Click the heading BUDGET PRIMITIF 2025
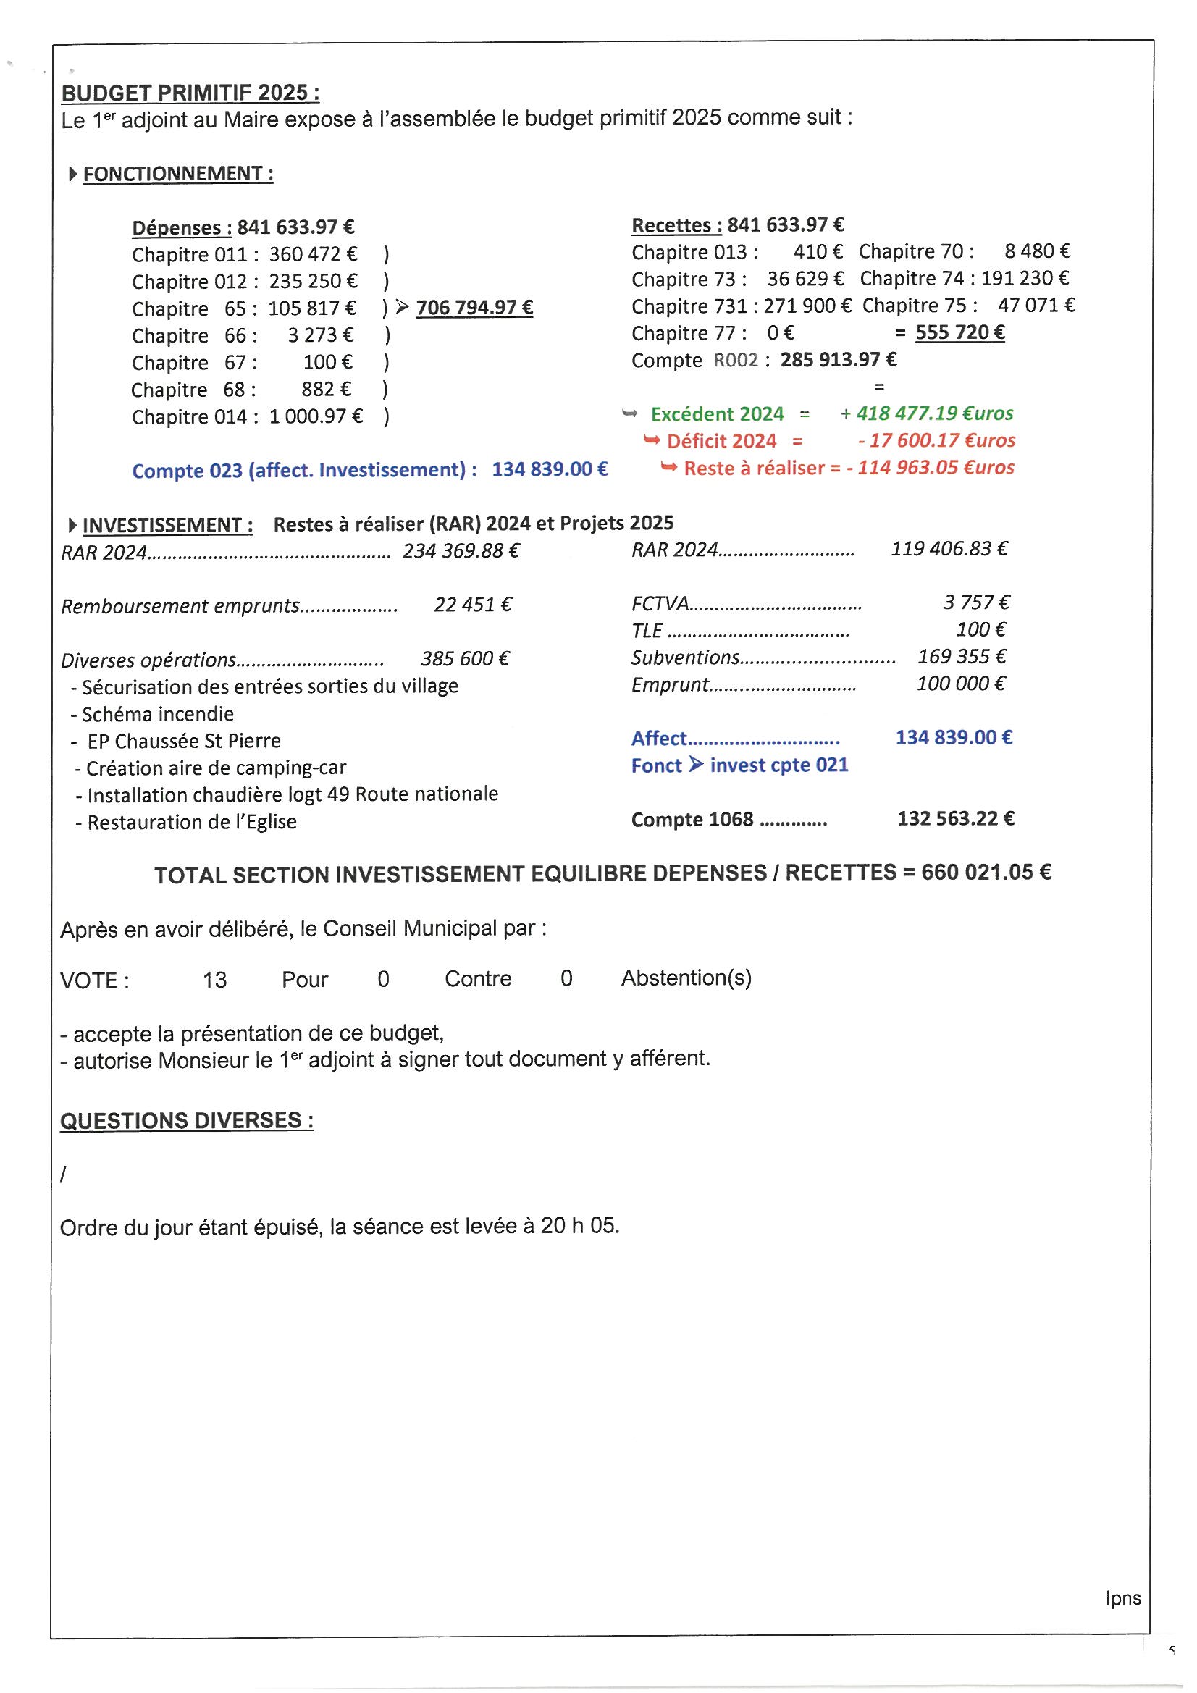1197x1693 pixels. coord(190,93)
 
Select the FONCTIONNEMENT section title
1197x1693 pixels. coord(177,174)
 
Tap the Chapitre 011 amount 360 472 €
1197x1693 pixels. coord(313,254)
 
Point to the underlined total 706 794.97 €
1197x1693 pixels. coord(474,308)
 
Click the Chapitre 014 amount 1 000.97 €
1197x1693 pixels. coord(316,416)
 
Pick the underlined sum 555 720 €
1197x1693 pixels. coord(959,332)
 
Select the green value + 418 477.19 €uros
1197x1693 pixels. coord(927,413)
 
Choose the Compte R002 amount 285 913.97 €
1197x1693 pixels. coord(839,360)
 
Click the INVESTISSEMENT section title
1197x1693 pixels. coord(167,525)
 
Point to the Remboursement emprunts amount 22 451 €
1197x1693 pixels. coord(473,605)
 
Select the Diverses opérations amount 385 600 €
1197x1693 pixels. coord(465,658)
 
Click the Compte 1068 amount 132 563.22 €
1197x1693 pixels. coord(955,818)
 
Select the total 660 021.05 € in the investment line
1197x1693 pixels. coord(986,873)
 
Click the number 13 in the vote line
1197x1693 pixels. coord(214,980)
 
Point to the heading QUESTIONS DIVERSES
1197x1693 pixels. coord(187,1121)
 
